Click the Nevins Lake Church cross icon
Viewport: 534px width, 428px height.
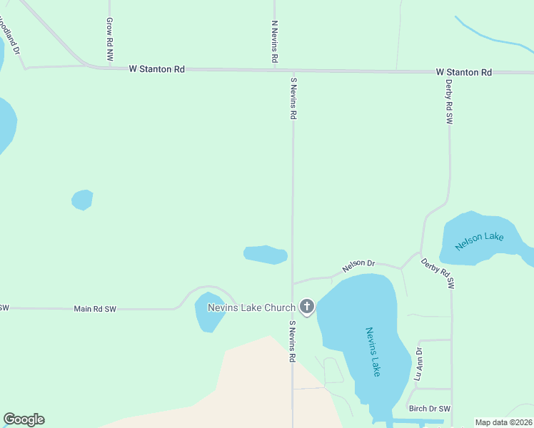[x=307, y=307]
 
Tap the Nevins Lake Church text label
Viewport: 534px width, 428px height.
[x=251, y=308]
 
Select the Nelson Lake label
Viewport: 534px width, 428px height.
[x=480, y=240]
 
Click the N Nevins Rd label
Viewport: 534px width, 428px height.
[x=274, y=42]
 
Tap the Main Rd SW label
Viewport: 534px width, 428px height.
[x=95, y=309]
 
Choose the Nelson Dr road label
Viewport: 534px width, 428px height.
[x=358, y=265]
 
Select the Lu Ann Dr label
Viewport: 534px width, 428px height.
[x=419, y=364]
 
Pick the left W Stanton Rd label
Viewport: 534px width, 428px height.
[x=157, y=69]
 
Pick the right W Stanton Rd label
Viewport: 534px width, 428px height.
[x=464, y=73]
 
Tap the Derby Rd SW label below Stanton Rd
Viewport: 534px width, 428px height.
[x=449, y=101]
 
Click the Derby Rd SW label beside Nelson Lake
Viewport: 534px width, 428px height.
[x=437, y=273]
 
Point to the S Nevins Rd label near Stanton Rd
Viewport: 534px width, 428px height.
[x=293, y=98]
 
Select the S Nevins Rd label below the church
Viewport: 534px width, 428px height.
[x=292, y=342]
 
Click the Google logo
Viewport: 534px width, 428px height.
[x=24, y=419]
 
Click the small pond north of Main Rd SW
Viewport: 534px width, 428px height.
[x=82, y=200]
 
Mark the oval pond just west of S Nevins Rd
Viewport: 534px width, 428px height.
[x=265, y=255]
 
